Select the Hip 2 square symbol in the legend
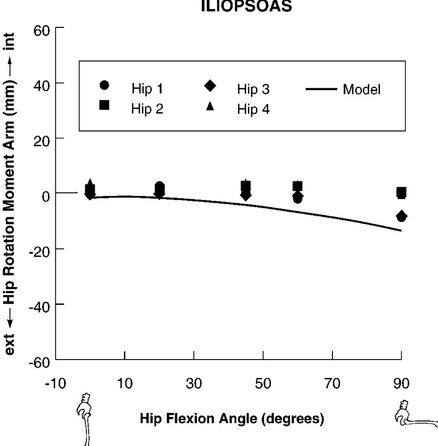click(105, 105)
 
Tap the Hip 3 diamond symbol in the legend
click(210, 86)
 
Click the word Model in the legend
click(362, 89)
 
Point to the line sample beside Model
click(321, 89)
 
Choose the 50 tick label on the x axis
click(263, 384)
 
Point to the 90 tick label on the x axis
click(401, 384)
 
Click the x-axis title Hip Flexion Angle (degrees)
click(232, 419)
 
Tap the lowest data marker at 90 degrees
click(401, 217)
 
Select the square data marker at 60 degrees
click(298, 186)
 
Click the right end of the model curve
click(401, 231)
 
